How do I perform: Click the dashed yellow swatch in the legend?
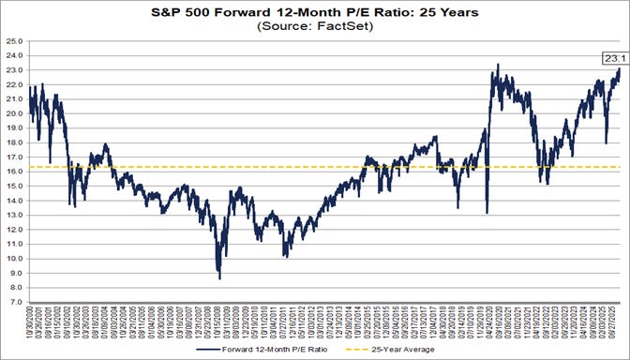[356, 347]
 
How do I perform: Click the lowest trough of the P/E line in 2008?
[220, 278]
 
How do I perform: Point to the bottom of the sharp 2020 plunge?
[487, 213]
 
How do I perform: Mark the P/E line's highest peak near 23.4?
[497, 65]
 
